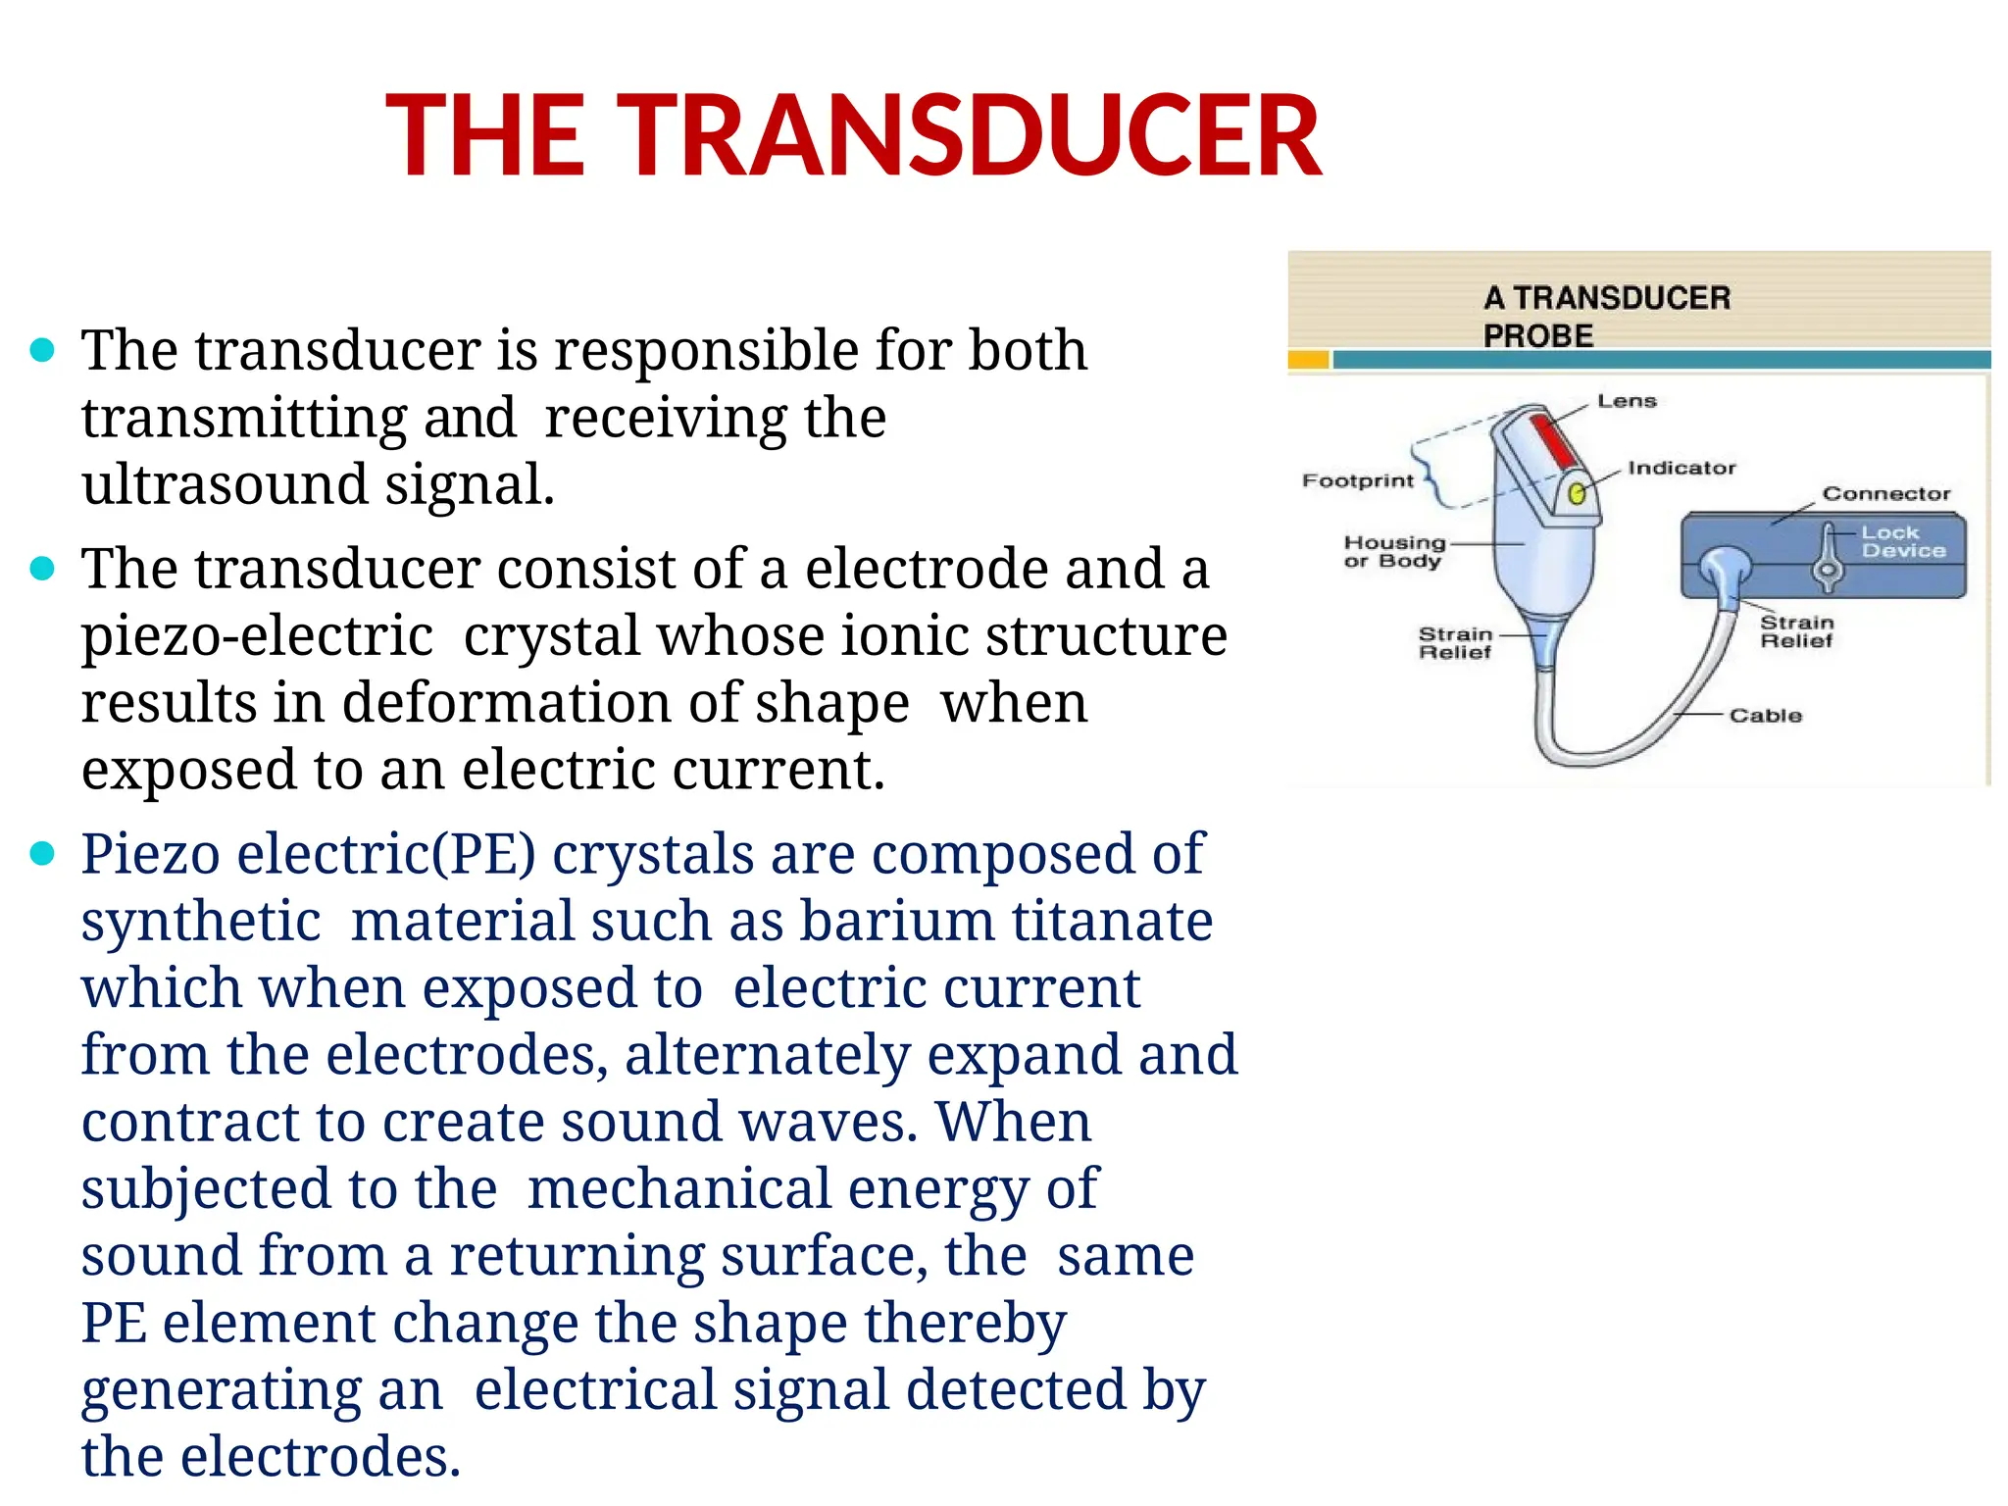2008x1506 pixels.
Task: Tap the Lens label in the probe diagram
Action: [x=1626, y=401]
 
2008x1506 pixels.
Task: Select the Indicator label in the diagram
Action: [x=1681, y=468]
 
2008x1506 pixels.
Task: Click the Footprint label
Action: [x=1357, y=480]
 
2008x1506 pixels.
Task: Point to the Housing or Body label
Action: [x=1393, y=551]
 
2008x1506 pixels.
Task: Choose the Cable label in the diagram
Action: [x=1765, y=716]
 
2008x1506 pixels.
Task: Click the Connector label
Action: [x=1885, y=494]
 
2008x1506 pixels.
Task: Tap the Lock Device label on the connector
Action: [x=1902, y=541]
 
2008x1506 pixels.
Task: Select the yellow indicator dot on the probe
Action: [x=1577, y=493]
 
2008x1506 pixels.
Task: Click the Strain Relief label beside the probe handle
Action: [x=1455, y=643]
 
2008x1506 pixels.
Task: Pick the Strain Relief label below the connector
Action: [x=1796, y=631]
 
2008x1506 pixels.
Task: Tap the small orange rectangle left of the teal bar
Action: [x=1308, y=361]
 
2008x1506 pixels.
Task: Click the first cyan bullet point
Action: [x=42, y=350]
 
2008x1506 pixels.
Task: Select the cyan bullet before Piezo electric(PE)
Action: [x=42, y=854]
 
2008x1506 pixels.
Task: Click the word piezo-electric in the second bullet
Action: [x=257, y=635]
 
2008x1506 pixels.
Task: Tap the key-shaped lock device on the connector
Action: [x=1828, y=559]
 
